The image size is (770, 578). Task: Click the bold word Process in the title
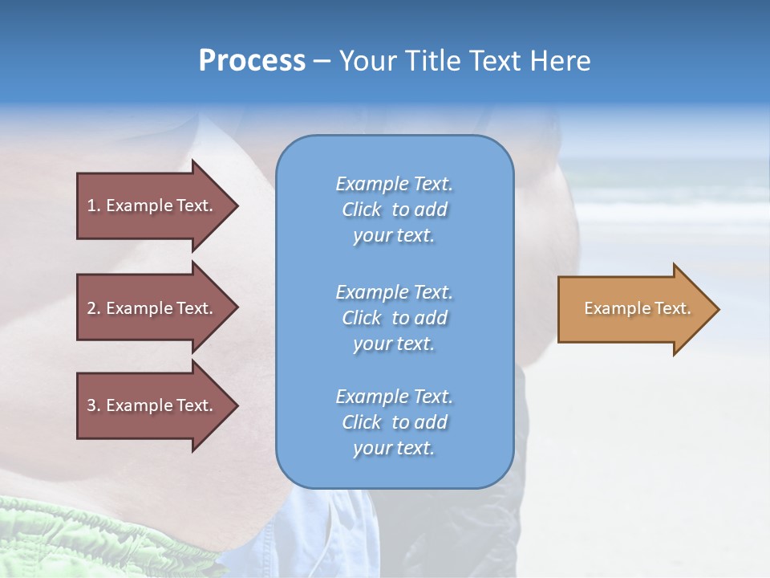252,61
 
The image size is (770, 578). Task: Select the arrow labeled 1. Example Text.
152,206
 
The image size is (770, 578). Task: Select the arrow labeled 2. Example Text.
152,308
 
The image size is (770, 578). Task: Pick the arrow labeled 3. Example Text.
152,405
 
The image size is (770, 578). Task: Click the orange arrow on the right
634,309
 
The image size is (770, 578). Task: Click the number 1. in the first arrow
94,206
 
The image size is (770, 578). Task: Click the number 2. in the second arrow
94,308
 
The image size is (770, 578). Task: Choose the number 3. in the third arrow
94,405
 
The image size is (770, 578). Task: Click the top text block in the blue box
394,210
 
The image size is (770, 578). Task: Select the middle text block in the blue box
394,318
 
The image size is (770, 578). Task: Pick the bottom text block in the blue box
394,422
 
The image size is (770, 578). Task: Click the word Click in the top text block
361,210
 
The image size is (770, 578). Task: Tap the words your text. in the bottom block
394,448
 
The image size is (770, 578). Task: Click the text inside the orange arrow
637,308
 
